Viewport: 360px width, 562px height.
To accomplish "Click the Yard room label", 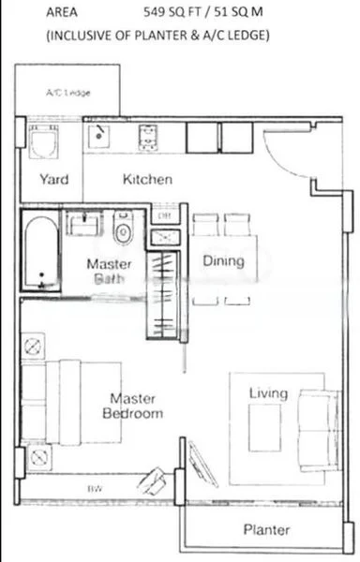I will pyautogui.click(x=53, y=180).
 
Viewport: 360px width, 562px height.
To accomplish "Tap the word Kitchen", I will pyautogui.click(x=147, y=179).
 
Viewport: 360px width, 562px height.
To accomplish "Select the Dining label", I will pyautogui.click(x=223, y=261).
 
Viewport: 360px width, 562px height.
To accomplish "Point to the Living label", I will pyautogui.click(x=268, y=393).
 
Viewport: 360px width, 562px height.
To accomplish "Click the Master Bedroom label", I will pyautogui.click(x=132, y=406).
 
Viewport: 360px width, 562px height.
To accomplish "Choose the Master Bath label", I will pyautogui.click(x=109, y=270).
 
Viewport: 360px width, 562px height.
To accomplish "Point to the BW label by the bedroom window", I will pyautogui.click(x=95, y=489).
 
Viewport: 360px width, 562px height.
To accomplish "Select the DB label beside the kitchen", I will pyautogui.click(x=164, y=216).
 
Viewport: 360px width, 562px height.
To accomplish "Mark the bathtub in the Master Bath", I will pyautogui.click(x=41, y=251).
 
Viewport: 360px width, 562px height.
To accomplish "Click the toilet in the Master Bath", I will pyautogui.click(x=123, y=229).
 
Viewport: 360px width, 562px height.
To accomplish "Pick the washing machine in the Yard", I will pyautogui.click(x=42, y=142).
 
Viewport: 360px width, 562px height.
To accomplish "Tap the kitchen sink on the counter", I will pyautogui.click(x=99, y=138).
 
